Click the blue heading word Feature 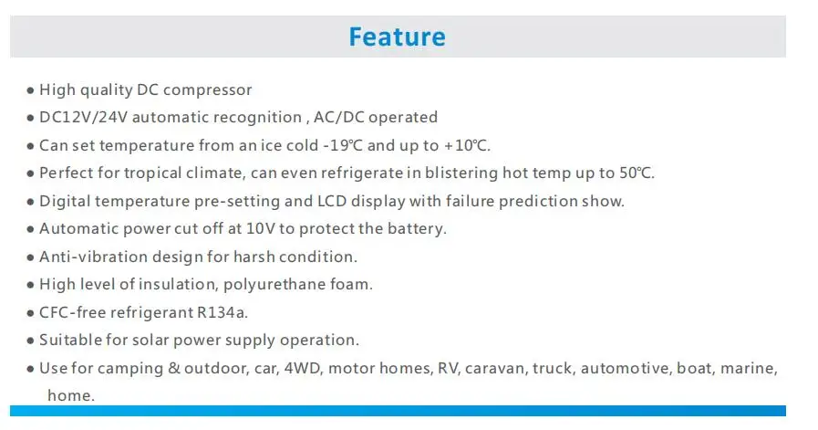[397, 37]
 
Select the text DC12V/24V [84, 117]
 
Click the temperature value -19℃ [343, 145]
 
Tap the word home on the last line [69, 395]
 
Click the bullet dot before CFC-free [30, 313]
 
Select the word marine [747, 368]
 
